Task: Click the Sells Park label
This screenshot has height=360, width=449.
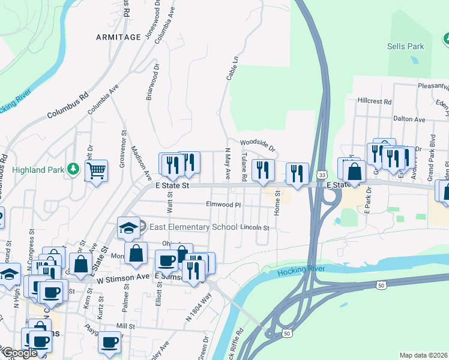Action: [405, 46]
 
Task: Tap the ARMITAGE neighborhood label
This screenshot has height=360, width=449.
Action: [118, 37]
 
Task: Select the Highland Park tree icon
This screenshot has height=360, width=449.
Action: [74, 170]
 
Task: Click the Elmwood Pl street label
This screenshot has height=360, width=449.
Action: [223, 205]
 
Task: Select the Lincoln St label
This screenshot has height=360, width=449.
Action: [255, 228]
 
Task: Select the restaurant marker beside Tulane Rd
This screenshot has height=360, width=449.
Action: [263, 170]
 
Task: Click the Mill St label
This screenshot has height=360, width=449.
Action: [125, 325]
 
